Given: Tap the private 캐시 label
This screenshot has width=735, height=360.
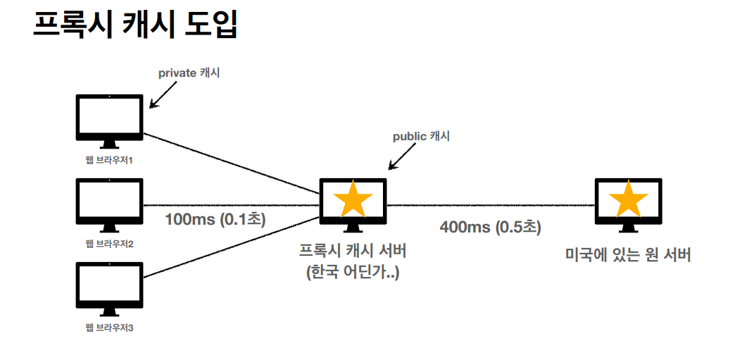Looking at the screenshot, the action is [x=189, y=72].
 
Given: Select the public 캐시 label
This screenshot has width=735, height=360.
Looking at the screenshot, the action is [x=420, y=136].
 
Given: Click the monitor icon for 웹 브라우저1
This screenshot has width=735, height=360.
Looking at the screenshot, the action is [x=109, y=120].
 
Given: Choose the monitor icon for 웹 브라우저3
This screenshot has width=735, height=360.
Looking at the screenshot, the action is [x=109, y=287].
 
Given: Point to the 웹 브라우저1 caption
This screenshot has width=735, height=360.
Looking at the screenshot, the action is [x=109, y=160].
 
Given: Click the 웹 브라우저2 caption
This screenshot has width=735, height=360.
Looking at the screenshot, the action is [x=109, y=244].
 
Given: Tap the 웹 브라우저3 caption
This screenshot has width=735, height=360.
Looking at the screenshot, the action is [x=109, y=328].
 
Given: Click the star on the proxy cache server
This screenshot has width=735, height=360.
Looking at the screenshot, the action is [x=353, y=200].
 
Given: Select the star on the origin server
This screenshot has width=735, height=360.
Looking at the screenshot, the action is [x=627, y=200].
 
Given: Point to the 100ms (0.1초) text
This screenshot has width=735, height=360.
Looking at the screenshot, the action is [x=215, y=219].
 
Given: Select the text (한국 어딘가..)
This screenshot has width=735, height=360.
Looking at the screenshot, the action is [x=353, y=272].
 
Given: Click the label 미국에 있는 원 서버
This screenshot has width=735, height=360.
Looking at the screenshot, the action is [x=628, y=254].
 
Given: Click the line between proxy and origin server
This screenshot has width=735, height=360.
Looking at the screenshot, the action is [x=490, y=205].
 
